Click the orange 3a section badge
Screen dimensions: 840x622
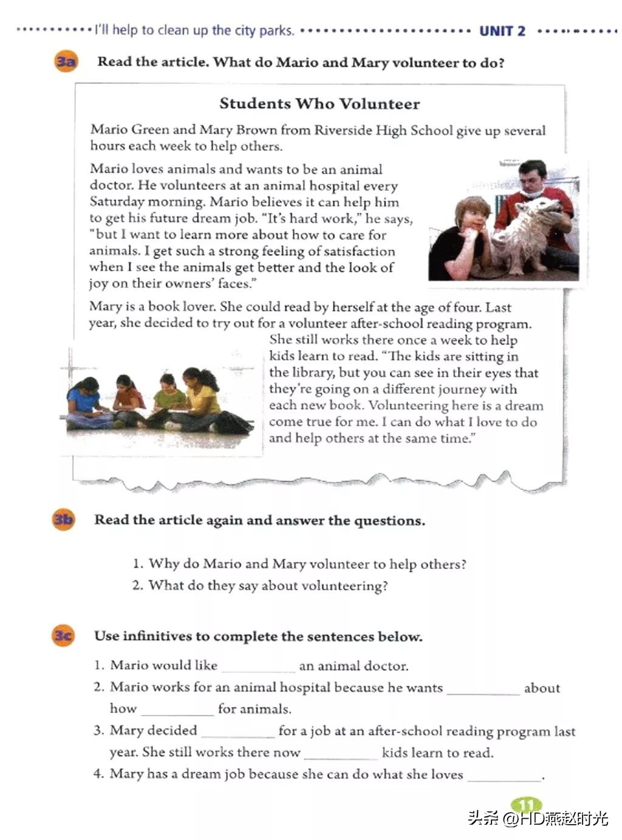click(x=66, y=62)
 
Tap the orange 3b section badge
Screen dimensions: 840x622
click(x=63, y=520)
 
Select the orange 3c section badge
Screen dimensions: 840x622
click(x=63, y=636)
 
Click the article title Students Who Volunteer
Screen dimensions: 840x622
click(x=320, y=103)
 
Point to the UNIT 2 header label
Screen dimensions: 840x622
click(x=502, y=31)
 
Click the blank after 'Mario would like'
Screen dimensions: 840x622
click(x=258, y=667)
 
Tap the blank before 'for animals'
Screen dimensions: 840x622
click(x=177, y=710)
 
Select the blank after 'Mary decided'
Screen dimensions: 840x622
click(x=238, y=732)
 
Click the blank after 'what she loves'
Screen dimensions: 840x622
click(x=504, y=776)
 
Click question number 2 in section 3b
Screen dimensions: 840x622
click(x=138, y=585)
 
